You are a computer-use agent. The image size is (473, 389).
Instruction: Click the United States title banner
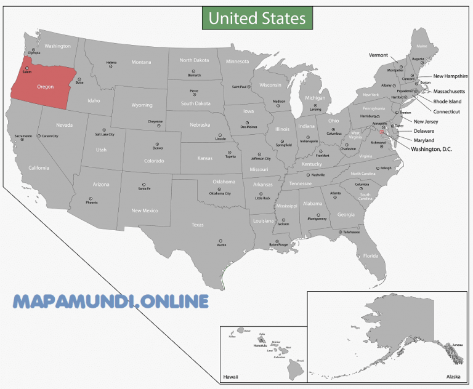(x=257, y=18)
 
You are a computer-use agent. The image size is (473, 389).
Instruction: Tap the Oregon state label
(x=46, y=87)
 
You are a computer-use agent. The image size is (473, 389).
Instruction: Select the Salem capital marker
(x=26, y=68)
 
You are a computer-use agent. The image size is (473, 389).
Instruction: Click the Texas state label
(x=197, y=225)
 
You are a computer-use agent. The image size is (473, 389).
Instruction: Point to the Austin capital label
(x=222, y=245)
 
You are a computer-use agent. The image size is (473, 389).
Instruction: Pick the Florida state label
(x=371, y=255)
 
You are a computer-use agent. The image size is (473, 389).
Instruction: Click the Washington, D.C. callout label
(x=431, y=149)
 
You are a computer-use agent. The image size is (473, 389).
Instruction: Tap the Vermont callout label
(x=378, y=55)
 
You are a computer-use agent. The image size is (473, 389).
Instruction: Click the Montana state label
(x=141, y=62)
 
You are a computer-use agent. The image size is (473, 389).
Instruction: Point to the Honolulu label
(x=261, y=346)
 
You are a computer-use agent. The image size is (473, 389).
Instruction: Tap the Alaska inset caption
(x=453, y=376)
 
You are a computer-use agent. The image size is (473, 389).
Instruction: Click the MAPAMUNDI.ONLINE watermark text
(x=111, y=302)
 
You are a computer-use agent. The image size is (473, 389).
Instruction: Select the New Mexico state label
(x=145, y=211)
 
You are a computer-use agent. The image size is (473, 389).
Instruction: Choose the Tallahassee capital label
(x=351, y=231)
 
